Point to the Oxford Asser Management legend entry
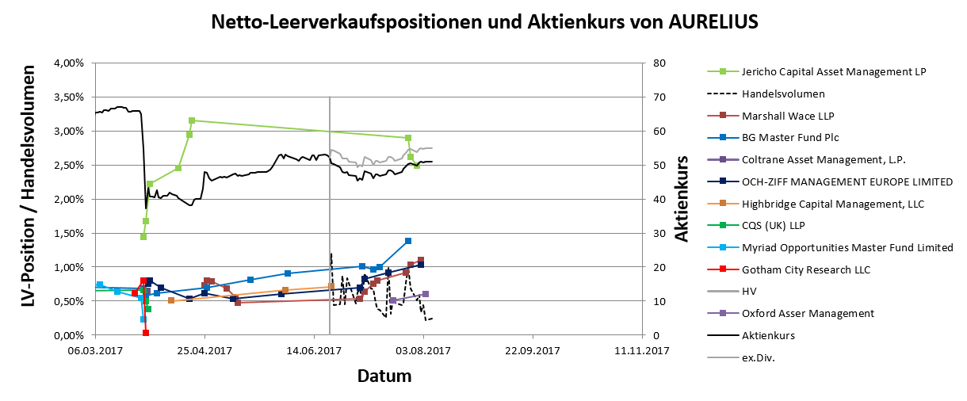[808, 314]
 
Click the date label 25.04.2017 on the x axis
[204, 351]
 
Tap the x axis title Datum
[384, 374]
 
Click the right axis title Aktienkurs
[683, 198]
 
